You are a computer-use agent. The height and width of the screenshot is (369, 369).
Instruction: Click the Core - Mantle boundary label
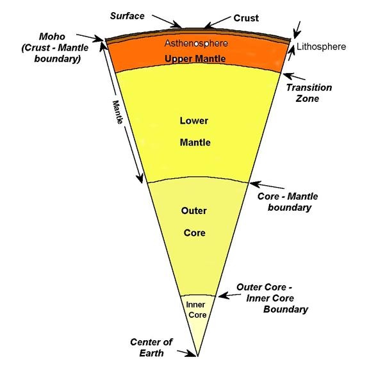coord(290,201)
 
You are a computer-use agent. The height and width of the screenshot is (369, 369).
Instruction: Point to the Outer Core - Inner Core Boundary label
coord(274,299)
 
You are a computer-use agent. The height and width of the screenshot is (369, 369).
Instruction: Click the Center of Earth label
coord(149,347)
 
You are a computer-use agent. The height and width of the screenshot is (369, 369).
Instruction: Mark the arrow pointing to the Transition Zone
coord(291,77)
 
